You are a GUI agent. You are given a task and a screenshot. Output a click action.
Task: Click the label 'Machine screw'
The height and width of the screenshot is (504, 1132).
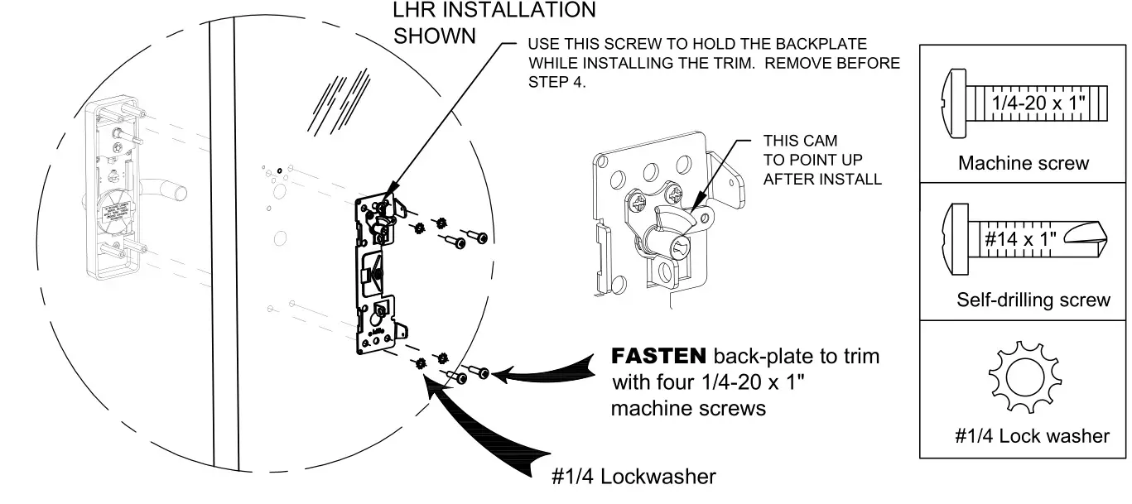[1024, 163]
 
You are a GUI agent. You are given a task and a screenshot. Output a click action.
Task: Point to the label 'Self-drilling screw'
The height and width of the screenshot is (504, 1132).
[1033, 300]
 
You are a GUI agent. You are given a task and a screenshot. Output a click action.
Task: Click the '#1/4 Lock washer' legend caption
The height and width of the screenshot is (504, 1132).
[1032, 435]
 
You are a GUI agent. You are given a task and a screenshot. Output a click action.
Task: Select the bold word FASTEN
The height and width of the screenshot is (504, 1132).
[658, 357]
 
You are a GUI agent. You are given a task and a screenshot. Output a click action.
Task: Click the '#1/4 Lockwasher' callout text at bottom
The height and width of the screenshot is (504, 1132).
[633, 477]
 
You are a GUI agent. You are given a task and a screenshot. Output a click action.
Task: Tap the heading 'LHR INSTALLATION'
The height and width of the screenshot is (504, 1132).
[494, 10]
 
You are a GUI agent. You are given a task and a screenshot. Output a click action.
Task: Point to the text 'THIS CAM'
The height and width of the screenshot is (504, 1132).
[800, 142]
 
